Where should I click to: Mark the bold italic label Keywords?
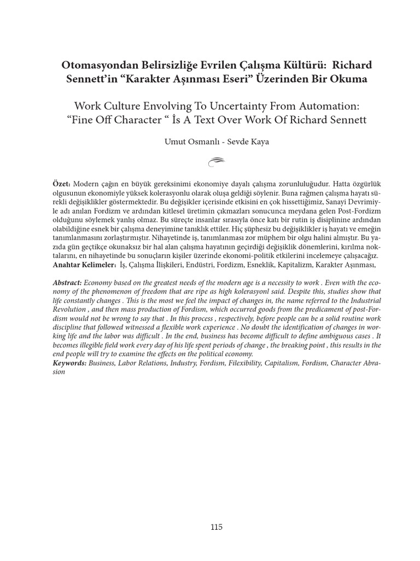[x=69, y=363]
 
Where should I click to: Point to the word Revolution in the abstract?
[x=71, y=308]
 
